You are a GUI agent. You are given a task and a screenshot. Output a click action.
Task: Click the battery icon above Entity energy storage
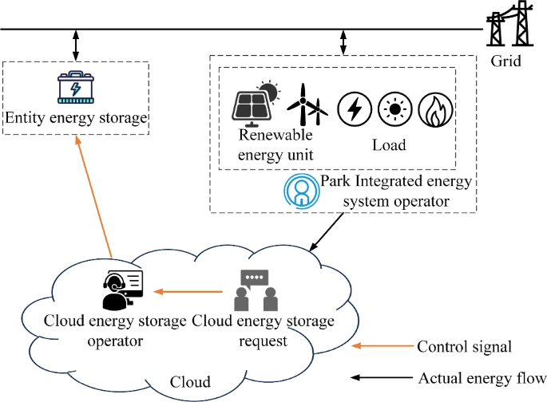(76, 89)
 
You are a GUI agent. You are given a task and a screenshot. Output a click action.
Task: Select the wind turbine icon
(307, 105)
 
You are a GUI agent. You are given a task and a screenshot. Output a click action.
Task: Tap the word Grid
(507, 60)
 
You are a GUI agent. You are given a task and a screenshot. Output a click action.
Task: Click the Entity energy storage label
(77, 118)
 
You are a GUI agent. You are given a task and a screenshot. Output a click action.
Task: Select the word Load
(389, 145)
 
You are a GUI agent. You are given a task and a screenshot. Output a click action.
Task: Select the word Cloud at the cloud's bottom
(192, 381)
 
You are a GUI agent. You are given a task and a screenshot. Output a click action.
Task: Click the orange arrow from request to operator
(185, 292)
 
